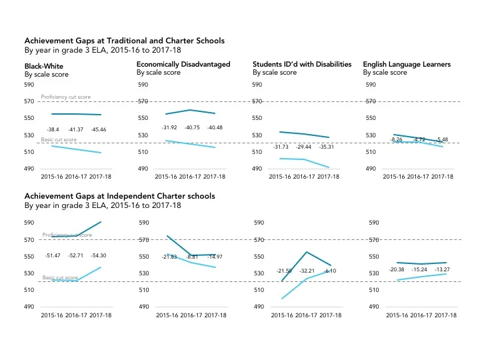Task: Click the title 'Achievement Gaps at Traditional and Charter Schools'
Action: pyautogui.click(x=124, y=41)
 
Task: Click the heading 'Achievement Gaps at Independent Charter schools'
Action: pyautogui.click(x=119, y=197)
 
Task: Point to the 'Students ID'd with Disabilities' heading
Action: pyautogui.click(x=301, y=64)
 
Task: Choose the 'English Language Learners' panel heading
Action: pyautogui.click(x=407, y=64)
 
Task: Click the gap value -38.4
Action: pyautogui.click(x=53, y=129)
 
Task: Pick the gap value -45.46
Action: pyautogui.click(x=98, y=129)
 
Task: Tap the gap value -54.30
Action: pyautogui.click(x=98, y=255)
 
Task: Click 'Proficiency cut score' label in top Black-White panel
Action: pyautogui.click(x=66, y=97)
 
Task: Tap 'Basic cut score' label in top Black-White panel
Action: pyautogui.click(x=59, y=140)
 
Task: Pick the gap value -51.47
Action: pyautogui.click(x=53, y=255)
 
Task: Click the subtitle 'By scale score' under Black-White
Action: pyautogui.click(x=46, y=75)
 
